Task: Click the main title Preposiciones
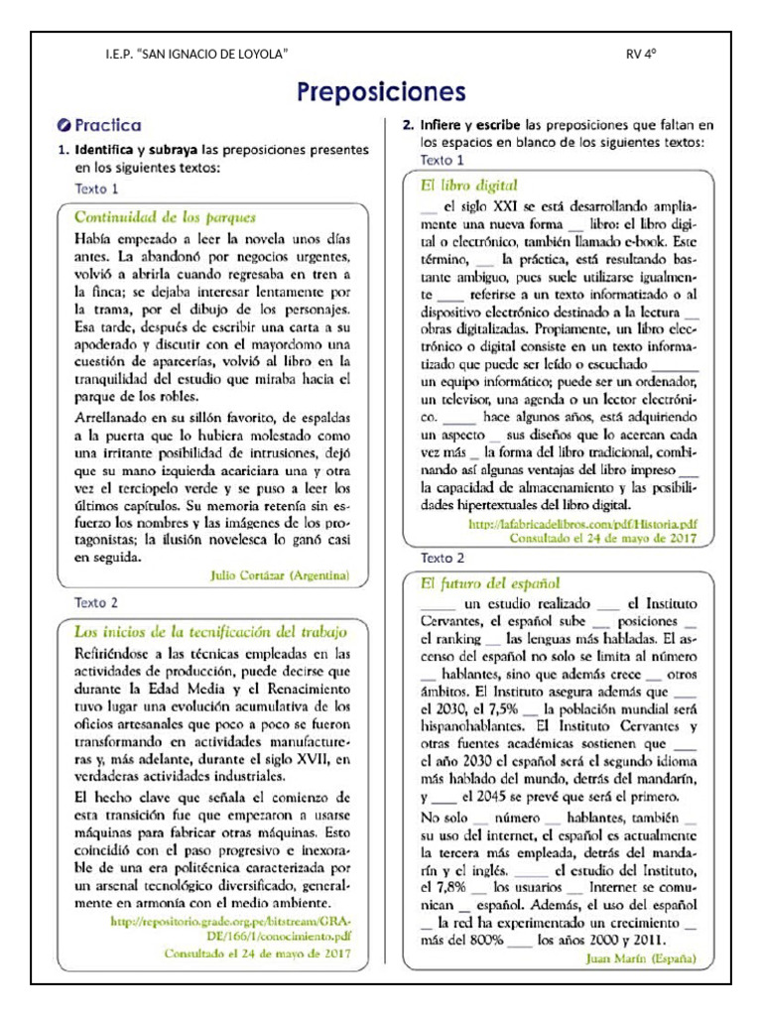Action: click(381, 92)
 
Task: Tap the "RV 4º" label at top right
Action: click(642, 53)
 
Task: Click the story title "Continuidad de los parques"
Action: click(166, 215)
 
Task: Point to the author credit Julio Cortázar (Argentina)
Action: click(282, 574)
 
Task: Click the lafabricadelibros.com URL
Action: click(582, 521)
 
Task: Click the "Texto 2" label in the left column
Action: click(96, 602)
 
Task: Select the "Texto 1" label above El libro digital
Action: click(442, 160)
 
